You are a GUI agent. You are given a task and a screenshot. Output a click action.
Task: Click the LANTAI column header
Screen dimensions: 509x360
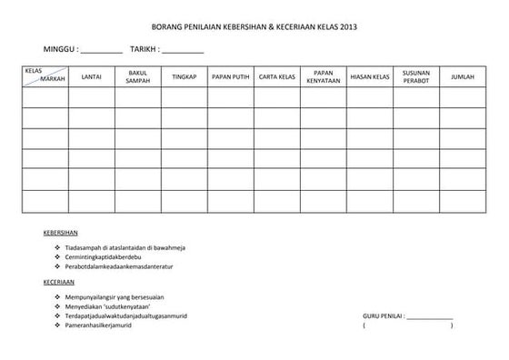91,76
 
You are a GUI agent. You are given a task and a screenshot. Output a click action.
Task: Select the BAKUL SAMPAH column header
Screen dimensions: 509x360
137,76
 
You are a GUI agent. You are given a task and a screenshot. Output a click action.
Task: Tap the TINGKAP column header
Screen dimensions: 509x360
184,76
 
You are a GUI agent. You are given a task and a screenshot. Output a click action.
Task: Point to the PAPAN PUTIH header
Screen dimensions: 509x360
230,76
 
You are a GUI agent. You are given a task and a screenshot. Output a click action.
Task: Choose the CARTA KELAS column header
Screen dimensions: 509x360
276,76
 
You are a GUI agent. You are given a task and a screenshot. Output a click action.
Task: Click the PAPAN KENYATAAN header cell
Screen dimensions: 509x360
324,76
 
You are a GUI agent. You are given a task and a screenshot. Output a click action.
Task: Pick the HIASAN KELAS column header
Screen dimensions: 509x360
369,76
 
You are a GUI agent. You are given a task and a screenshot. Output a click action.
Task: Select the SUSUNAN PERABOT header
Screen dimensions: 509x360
415,76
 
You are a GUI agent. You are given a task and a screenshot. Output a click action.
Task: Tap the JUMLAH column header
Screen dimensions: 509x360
463,76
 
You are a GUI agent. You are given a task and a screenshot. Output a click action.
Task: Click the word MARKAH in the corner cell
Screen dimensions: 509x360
53,81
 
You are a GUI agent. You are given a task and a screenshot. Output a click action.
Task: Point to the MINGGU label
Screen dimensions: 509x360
60,48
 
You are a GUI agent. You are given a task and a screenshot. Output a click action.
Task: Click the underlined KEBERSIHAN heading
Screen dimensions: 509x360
61,231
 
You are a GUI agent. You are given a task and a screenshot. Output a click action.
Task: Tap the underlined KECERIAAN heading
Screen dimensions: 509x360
60,282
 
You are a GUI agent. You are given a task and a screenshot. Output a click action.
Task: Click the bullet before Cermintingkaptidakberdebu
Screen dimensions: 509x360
57,256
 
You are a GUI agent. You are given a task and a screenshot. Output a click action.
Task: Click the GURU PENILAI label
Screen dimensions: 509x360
383,315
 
